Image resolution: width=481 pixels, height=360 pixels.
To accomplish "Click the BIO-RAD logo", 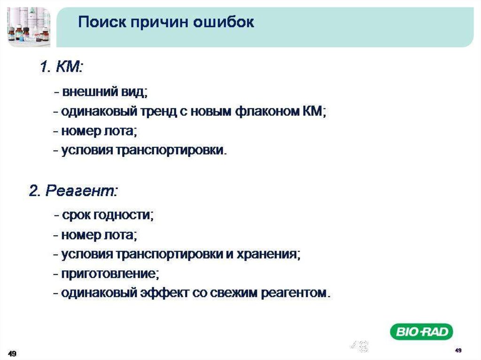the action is coord(421,331).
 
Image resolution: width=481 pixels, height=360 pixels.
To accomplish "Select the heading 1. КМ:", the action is coord(62,67).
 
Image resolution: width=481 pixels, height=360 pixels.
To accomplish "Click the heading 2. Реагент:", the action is coord(73,191).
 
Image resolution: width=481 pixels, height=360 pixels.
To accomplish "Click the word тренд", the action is coord(159,111).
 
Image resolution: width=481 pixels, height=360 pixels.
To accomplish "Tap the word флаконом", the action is coord(267,111).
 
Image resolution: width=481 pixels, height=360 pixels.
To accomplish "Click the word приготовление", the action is coord(110,274).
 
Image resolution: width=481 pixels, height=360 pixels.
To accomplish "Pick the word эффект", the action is coord(164,293).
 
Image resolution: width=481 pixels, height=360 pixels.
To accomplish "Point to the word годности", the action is coord(123,215).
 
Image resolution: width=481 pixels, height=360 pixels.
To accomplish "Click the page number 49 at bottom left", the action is coord(12,353).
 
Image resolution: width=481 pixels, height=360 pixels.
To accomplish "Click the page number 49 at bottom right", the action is coord(458,350).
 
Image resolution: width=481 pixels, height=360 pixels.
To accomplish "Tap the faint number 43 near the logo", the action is coord(359,346).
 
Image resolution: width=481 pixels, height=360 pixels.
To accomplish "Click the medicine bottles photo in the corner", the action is coord(29,27).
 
